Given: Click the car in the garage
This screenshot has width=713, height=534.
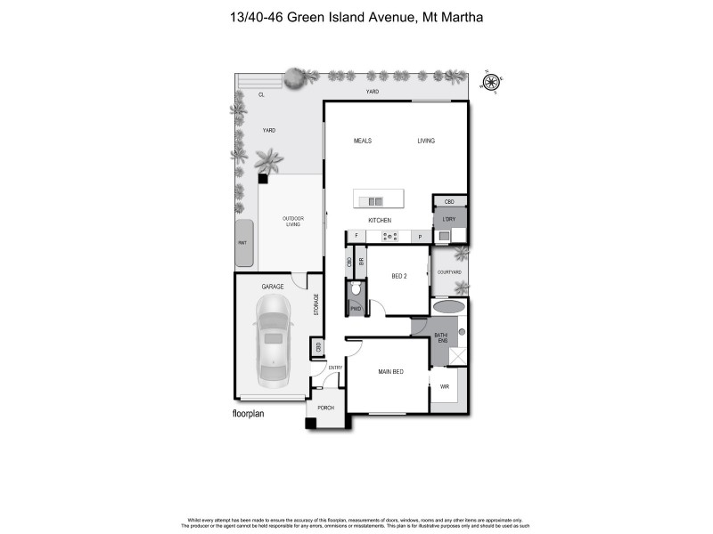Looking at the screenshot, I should (x=273, y=337).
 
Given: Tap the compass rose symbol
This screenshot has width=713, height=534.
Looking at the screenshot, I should (x=489, y=83).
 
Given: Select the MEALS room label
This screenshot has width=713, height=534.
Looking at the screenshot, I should (x=362, y=141).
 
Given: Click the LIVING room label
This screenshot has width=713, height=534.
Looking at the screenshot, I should (x=426, y=141).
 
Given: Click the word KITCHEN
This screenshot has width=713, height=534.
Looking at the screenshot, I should (x=381, y=220).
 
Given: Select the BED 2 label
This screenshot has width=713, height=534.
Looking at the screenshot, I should (x=400, y=277).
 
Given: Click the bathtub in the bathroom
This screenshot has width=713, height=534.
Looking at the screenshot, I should (x=448, y=306).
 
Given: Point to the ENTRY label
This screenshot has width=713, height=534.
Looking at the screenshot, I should (x=335, y=368).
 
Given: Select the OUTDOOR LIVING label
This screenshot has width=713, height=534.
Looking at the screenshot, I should (x=293, y=221).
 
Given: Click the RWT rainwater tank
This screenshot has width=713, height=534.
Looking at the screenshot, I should (x=242, y=243).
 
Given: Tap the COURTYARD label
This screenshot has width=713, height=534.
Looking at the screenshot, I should (x=448, y=271).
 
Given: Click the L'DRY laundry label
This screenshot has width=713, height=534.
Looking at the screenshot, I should (x=448, y=219).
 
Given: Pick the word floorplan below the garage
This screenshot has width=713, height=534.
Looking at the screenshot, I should (x=250, y=414).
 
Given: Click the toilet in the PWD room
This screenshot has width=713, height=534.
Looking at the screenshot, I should (x=356, y=290).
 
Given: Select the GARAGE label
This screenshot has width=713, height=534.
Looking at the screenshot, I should (x=272, y=287).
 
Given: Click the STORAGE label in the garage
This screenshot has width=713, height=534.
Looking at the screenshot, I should (x=316, y=304).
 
